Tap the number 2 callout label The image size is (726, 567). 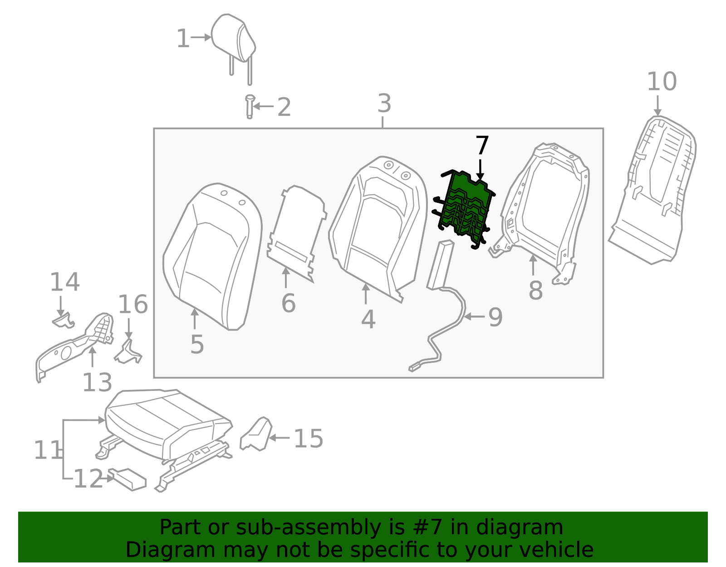pyautogui.click(x=284, y=108)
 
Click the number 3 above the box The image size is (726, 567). pyautogui.click(x=384, y=104)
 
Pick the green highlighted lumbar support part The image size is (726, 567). pyautogui.click(x=465, y=207)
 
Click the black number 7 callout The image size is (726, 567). pyautogui.click(x=481, y=146)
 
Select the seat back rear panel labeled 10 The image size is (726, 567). pyautogui.click(x=653, y=191)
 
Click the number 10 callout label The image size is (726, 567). pyautogui.click(x=661, y=82)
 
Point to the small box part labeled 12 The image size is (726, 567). pyautogui.click(x=129, y=479)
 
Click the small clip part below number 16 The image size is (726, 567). pyautogui.click(x=128, y=352)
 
